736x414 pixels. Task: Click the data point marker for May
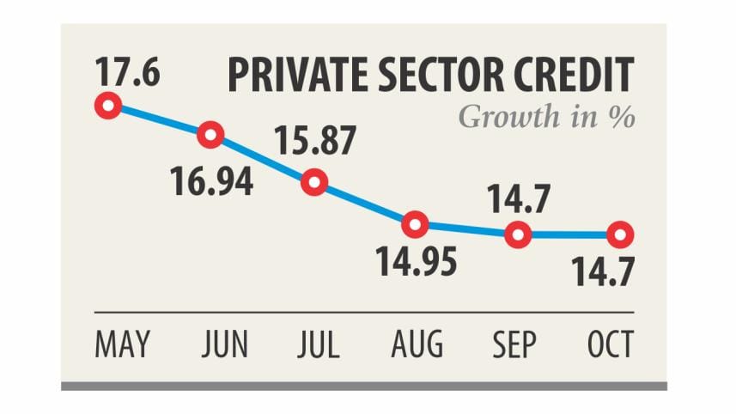point(108,107)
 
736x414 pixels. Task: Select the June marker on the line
point(210,135)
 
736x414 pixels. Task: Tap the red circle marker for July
point(315,182)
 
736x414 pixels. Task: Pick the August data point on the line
point(416,225)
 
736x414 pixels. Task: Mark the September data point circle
point(518,234)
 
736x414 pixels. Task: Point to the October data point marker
point(620,234)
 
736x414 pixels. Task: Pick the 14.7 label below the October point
point(605,276)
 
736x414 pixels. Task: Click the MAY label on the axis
point(121,344)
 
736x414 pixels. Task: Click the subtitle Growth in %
point(546,116)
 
